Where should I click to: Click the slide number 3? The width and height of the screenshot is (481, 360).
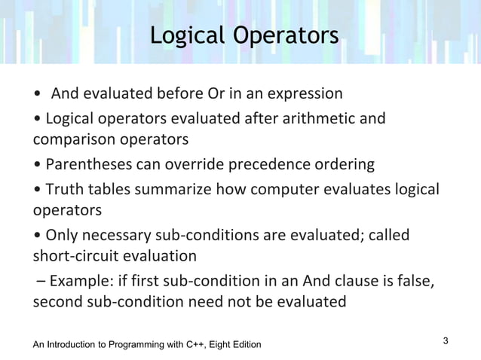click(446, 341)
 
